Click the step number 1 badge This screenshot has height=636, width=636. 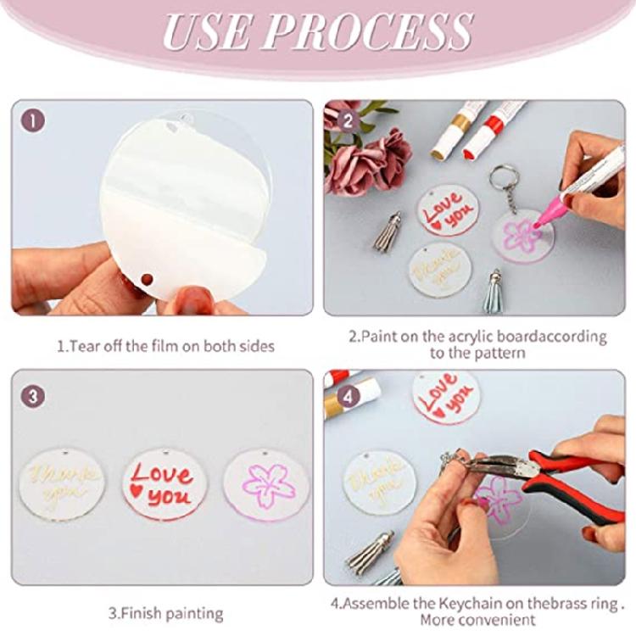pyautogui.click(x=32, y=121)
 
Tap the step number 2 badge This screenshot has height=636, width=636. pyautogui.click(x=345, y=121)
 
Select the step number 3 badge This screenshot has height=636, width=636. pyautogui.click(x=32, y=394)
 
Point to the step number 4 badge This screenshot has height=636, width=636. pyautogui.click(x=345, y=394)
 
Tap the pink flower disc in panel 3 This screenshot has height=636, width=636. pyautogui.click(x=265, y=485)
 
